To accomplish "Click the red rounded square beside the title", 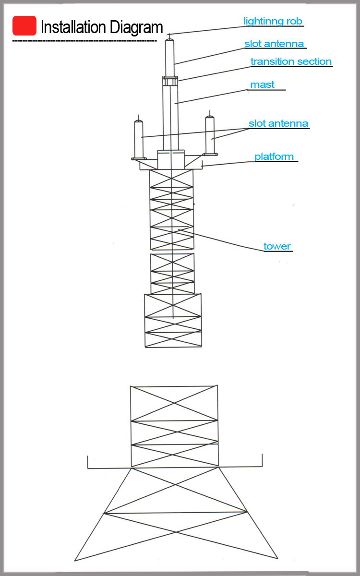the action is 24,26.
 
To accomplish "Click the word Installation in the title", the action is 73,27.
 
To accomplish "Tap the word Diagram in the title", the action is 136,28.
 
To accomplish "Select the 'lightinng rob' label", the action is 273,21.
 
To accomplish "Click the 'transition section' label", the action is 291,61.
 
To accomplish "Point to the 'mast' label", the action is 262,84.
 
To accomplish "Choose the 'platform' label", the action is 274,156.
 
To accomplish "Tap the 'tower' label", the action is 277,246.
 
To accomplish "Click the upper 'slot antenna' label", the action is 274,44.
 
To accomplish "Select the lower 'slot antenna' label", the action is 278,123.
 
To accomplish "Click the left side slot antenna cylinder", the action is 139,139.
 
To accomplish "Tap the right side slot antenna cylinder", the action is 210,135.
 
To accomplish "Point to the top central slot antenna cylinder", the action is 169,58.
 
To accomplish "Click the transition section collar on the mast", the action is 170,81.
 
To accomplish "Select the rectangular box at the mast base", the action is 171,159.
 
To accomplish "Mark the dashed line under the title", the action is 84,41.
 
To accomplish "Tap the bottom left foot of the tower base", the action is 75,560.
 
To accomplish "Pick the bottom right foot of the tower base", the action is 278,558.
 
